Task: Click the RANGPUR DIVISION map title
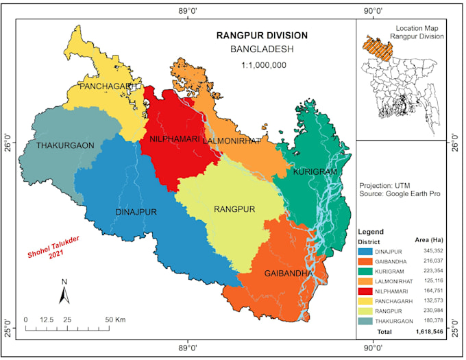click(262, 36)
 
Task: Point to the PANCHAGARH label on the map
click(110, 87)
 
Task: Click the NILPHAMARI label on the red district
click(169, 141)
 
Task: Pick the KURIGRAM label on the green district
click(316, 171)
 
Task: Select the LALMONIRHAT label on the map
click(232, 141)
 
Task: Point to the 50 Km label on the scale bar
click(115, 320)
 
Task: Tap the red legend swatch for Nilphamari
click(369, 290)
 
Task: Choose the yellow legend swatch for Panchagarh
click(369, 300)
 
